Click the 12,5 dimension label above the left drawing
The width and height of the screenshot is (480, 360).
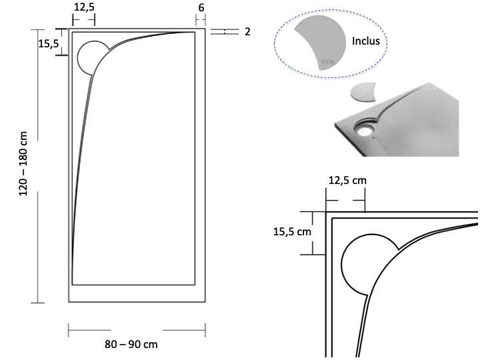(x=84, y=7)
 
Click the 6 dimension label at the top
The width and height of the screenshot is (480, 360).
(x=201, y=7)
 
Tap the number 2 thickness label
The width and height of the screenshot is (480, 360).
(x=247, y=31)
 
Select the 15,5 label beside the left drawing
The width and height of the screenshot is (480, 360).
(x=49, y=44)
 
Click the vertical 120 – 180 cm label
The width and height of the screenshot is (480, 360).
(x=23, y=163)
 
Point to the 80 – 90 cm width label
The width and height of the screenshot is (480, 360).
(x=131, y=344)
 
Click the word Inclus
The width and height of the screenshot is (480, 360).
(x=366, y=41)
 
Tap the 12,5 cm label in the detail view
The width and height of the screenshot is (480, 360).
(x=347, y=180)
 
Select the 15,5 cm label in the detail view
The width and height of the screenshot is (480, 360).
(x=292, y=232)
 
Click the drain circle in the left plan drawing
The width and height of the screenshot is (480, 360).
(x=78, y=58)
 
